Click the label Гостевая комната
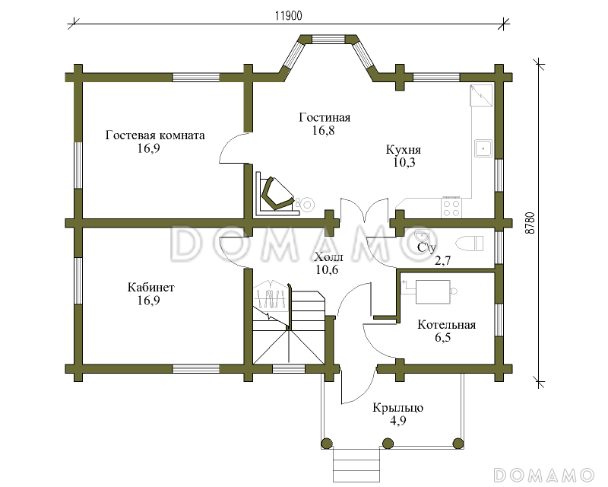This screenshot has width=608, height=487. [x=155, y=135]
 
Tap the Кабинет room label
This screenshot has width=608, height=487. [x=150, y=288]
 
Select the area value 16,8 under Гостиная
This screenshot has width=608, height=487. [x=324, y=130]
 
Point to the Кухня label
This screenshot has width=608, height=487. [x=404, y=150]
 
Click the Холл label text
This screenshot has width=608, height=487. [x=329, y=256]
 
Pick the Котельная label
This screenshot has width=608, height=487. [x=446, y=325]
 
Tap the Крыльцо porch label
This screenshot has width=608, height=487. [x=397, y=408]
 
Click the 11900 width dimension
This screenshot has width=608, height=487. [x=289, y=16]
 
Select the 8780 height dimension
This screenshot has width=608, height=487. [x=530, y=222]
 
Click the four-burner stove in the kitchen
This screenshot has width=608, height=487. [x=451, y=208]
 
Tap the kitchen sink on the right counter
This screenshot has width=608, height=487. [x=483, y=148]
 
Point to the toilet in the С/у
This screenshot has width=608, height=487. [x=470, y=243]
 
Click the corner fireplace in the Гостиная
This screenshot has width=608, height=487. [x=277, y=196]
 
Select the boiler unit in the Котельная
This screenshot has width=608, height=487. [x=432, y=291]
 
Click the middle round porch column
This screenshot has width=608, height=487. [x=388, y=443]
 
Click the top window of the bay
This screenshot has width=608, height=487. [x=328, y=39]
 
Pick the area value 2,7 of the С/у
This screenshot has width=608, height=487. [x=442, y=260]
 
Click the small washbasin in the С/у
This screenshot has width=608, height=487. [x=422, y=236]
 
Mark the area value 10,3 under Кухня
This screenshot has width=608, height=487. [x=404, y=162]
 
